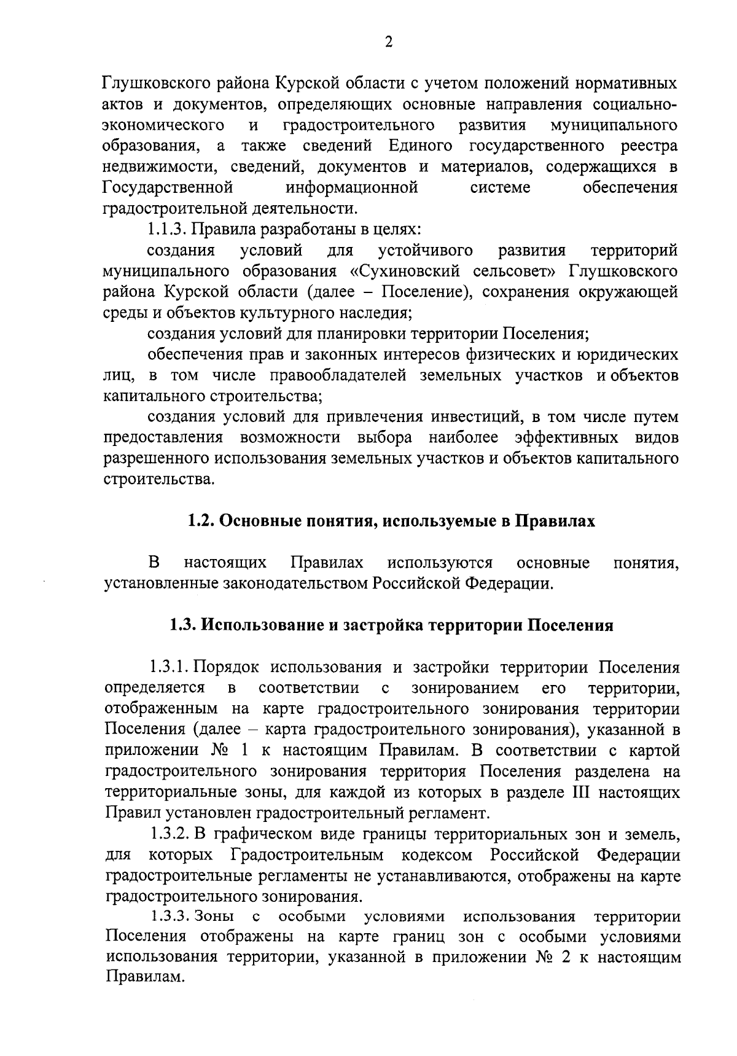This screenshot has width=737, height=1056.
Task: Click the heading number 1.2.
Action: click(200, 521)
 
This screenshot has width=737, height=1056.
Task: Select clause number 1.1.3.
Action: click(166, 229)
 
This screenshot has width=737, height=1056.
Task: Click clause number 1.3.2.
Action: click(170, 834)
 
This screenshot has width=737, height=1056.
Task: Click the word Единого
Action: click(421, 146)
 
